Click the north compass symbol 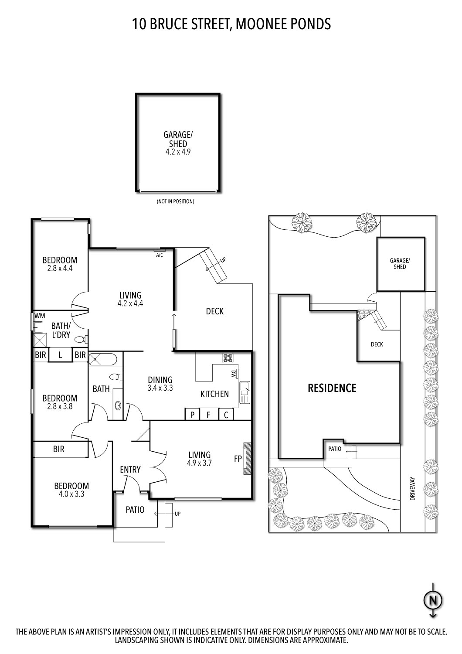pos(433,601)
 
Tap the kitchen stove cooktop pos(228,358)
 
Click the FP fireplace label pos(238,459)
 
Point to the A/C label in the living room pos(160,255)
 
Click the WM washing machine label pos(40,316)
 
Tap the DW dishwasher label pos(234,374)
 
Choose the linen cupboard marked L pos(61,355)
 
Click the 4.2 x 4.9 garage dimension pos(177,152)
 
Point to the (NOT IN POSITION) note pos(175,201)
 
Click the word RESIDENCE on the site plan pos(332,388)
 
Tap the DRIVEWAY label pos(412,488)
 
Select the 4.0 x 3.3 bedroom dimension pos(71,494)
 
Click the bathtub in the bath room pos(102,360)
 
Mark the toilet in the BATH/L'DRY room pos(80,339)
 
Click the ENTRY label pos(130,470)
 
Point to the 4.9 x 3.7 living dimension pos(199,463)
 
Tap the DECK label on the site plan pos(377,344)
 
